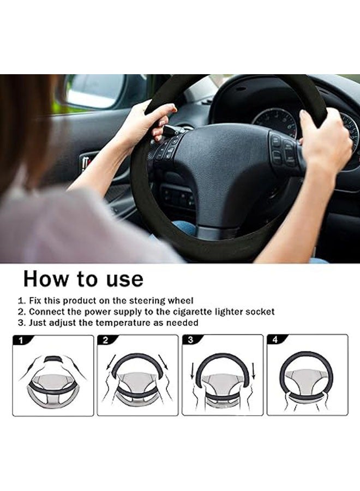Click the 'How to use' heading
[83, 279]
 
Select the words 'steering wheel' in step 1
[163, 301]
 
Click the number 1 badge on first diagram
[20, 340]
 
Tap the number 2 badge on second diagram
[105, 340]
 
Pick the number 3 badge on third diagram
[190, 340]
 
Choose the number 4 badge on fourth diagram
[274, 340]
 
